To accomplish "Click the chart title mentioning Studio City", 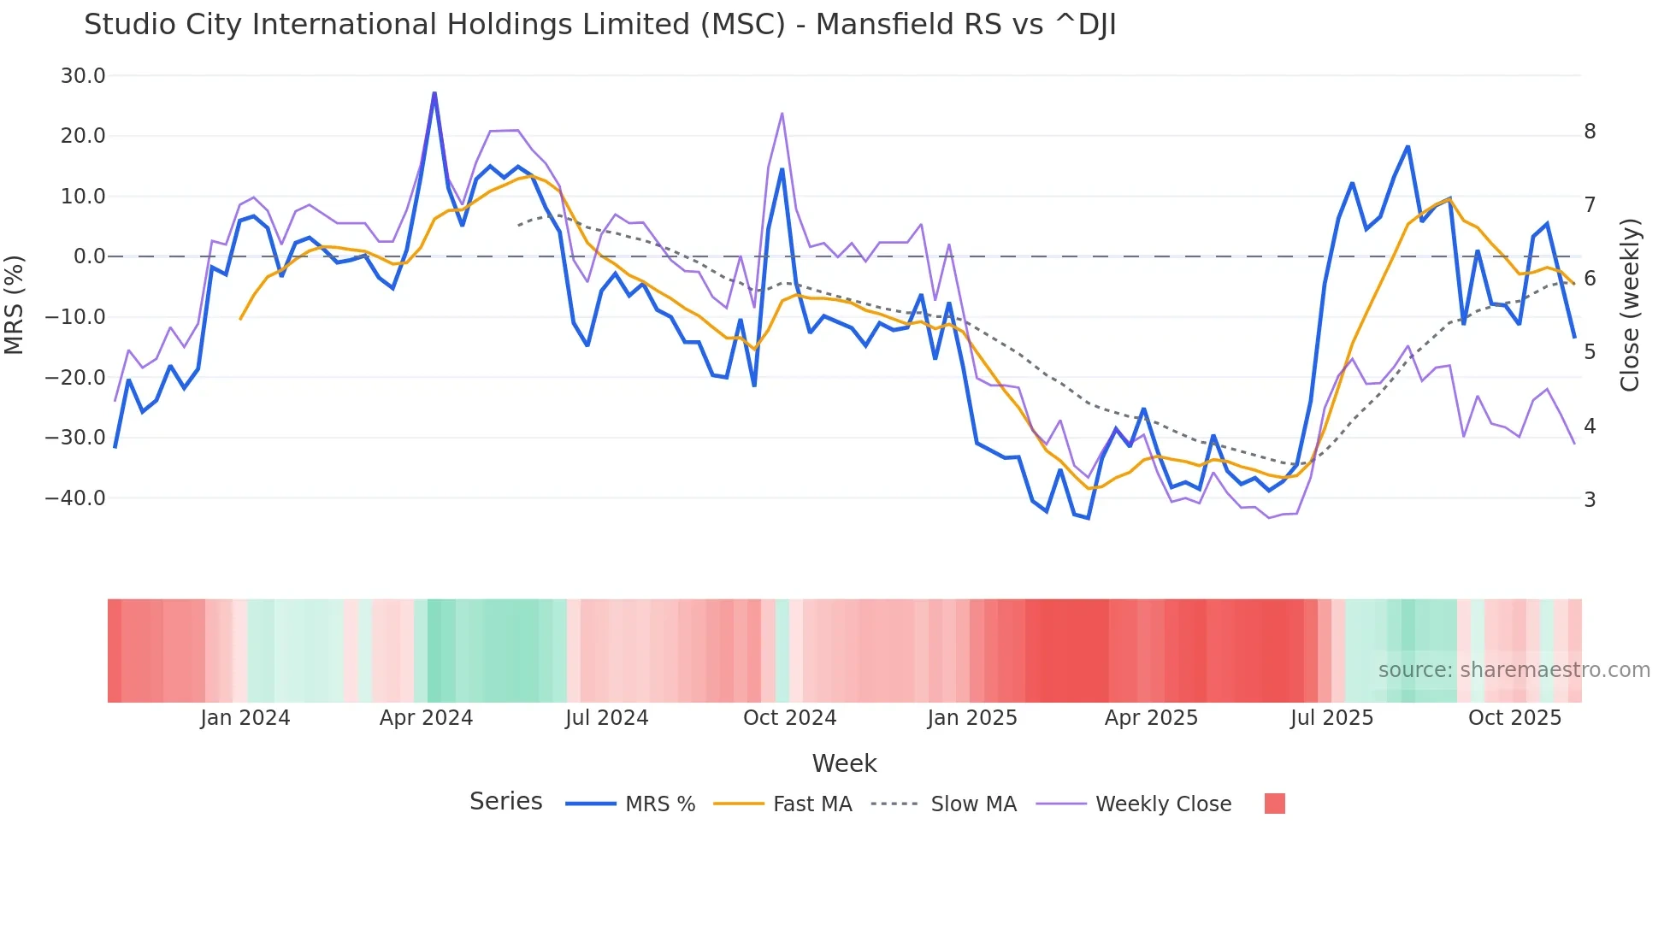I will click(599, 25).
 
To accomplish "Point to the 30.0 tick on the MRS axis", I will click(83, 76).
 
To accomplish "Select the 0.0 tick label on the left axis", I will click(89, 256).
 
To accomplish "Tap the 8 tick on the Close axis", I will click(1590, 132).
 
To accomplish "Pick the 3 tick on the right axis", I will click(1590, 499).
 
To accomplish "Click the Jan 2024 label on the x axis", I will click(245, 718).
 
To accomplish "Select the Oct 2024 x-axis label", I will click(789, 718).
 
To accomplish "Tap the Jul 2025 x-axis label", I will click(1331, 718).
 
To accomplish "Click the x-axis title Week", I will click(844, 763).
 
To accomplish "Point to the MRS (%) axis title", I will click(15, 304).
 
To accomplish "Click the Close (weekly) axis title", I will click(1631, 304).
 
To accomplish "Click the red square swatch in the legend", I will click(1274, 804).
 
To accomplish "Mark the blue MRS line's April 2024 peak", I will click(434, 93).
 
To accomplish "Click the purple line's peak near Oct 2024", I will click(782, 114).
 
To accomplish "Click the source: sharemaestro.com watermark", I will click(1514, 670).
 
